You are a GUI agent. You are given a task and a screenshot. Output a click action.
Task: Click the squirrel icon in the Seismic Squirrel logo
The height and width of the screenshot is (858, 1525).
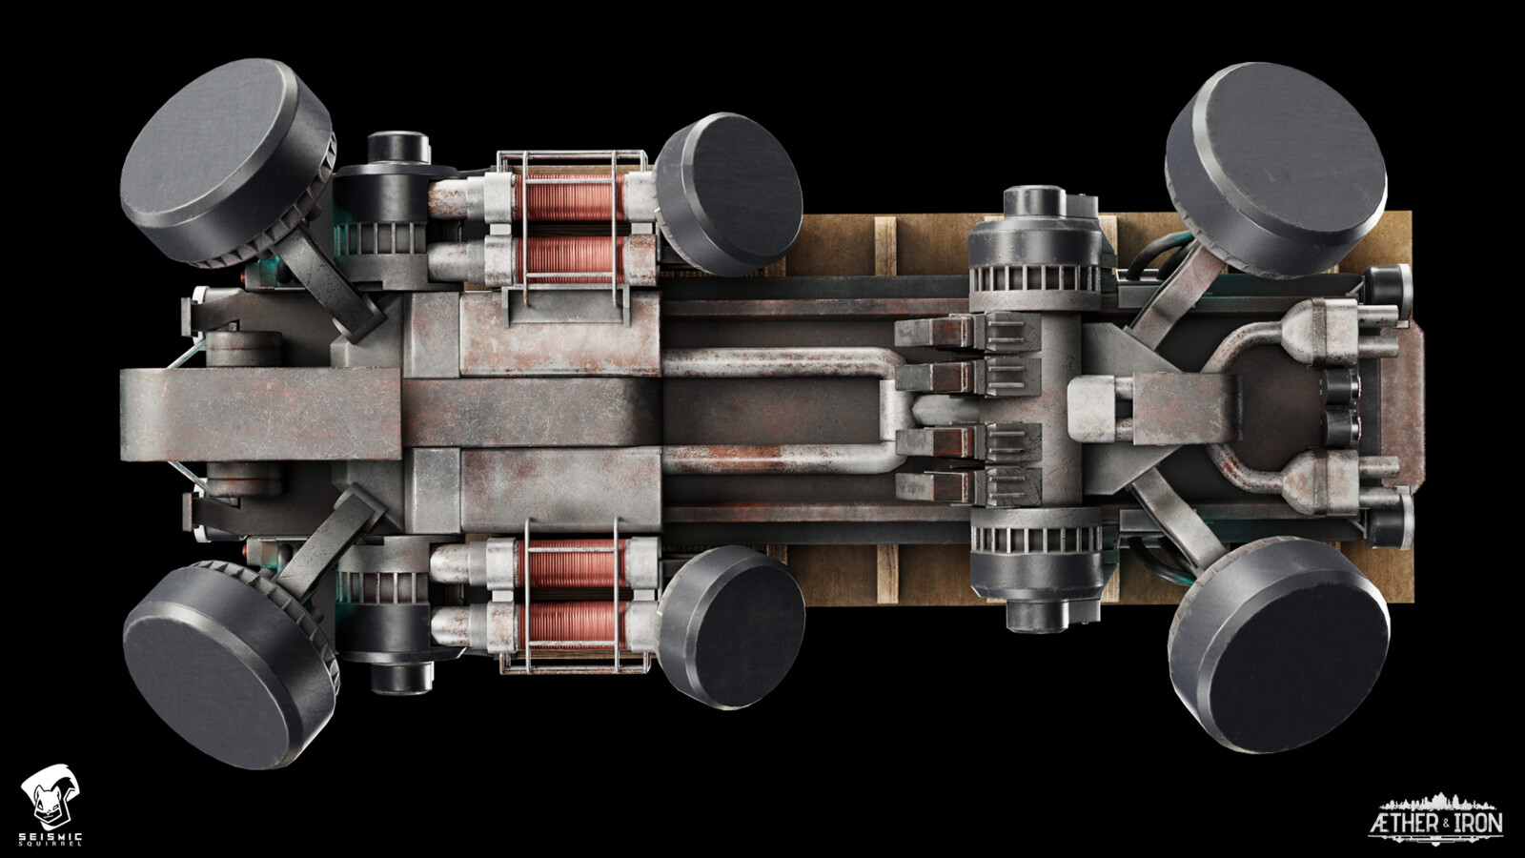[x=50, y=796]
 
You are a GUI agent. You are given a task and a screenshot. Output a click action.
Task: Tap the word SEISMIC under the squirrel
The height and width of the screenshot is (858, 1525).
[x=51, y=836]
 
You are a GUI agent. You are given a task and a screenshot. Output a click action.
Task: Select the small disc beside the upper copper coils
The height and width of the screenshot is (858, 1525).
[x=728, y=194]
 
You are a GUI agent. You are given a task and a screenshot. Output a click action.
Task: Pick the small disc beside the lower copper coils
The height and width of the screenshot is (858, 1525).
[x=731, y=626]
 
